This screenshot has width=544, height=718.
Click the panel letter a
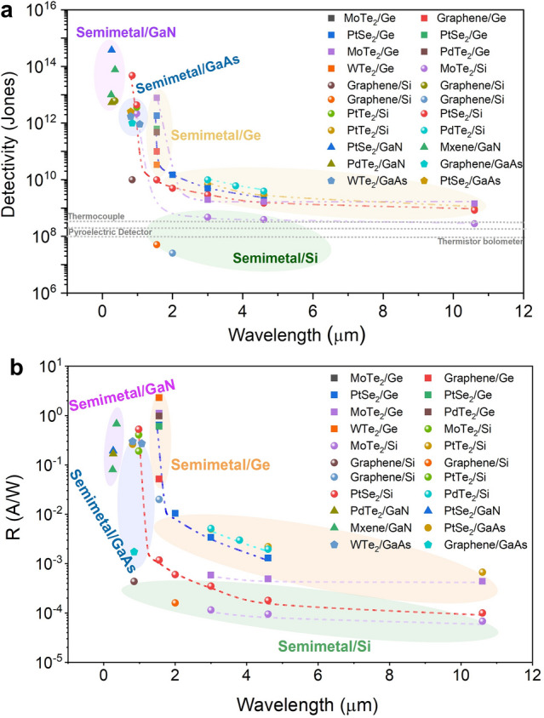[x=8, y=10]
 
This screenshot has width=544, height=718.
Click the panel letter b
[x=16, y=368]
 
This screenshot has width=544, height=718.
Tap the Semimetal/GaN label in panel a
[x=126, y=32]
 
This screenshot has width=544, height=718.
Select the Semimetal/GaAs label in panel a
[x=188, y=74]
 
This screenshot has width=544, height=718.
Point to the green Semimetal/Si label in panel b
[x=324, y=646]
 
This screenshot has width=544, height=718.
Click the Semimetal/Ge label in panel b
[x=220, y=464]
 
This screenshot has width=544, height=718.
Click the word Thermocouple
[x=96, y=216]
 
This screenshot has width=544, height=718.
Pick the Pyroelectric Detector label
[x=110, y=232]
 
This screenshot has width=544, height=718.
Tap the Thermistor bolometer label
[x=480, y=242]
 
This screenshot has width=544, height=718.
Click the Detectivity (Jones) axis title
[x=9, y=145]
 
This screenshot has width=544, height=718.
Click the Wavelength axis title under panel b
[x=307, y=704]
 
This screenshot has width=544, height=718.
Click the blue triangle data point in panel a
[x=112, y=49]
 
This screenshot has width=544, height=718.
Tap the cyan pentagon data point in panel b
[x=134, y=551]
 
